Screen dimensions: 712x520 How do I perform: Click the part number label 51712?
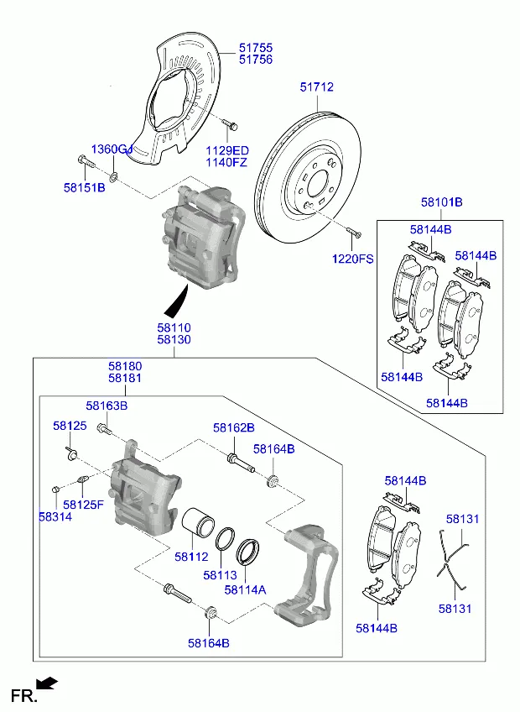[x=319, y=86]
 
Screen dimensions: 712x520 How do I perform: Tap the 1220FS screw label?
[x=353, y=259]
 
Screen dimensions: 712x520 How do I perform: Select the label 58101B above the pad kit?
[x=442, y=202]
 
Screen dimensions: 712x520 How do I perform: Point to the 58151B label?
[x=84, y=187]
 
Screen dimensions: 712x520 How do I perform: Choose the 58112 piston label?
[x=191, y=556]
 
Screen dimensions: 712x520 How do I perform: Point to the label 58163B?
[x=107, y=406]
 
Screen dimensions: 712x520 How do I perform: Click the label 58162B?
[x=233, y=427]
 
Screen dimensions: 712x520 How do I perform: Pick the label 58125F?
[x=84, y=505]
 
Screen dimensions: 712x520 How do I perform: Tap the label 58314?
[x=55, y=517]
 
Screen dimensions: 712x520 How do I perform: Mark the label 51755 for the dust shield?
[x=255, y=49]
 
